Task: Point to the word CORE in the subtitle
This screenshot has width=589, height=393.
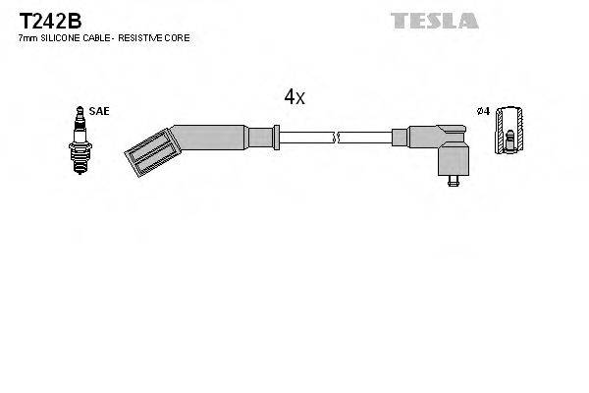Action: (179, 37)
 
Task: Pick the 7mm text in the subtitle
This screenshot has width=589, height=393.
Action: (27, 37)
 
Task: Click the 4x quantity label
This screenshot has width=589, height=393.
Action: (294, 96)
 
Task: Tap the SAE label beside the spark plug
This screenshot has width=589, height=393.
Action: (98, 112)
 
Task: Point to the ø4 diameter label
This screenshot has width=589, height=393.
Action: (482, 112)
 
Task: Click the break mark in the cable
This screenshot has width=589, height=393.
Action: (337, 137)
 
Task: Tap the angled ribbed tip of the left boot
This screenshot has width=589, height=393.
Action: (145, 154)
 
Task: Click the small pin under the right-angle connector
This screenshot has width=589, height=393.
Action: (453, 181)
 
